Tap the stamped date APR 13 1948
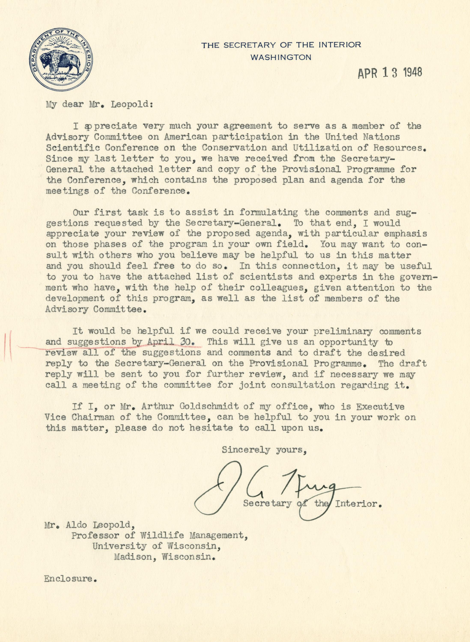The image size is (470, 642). [x=390, y=73]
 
